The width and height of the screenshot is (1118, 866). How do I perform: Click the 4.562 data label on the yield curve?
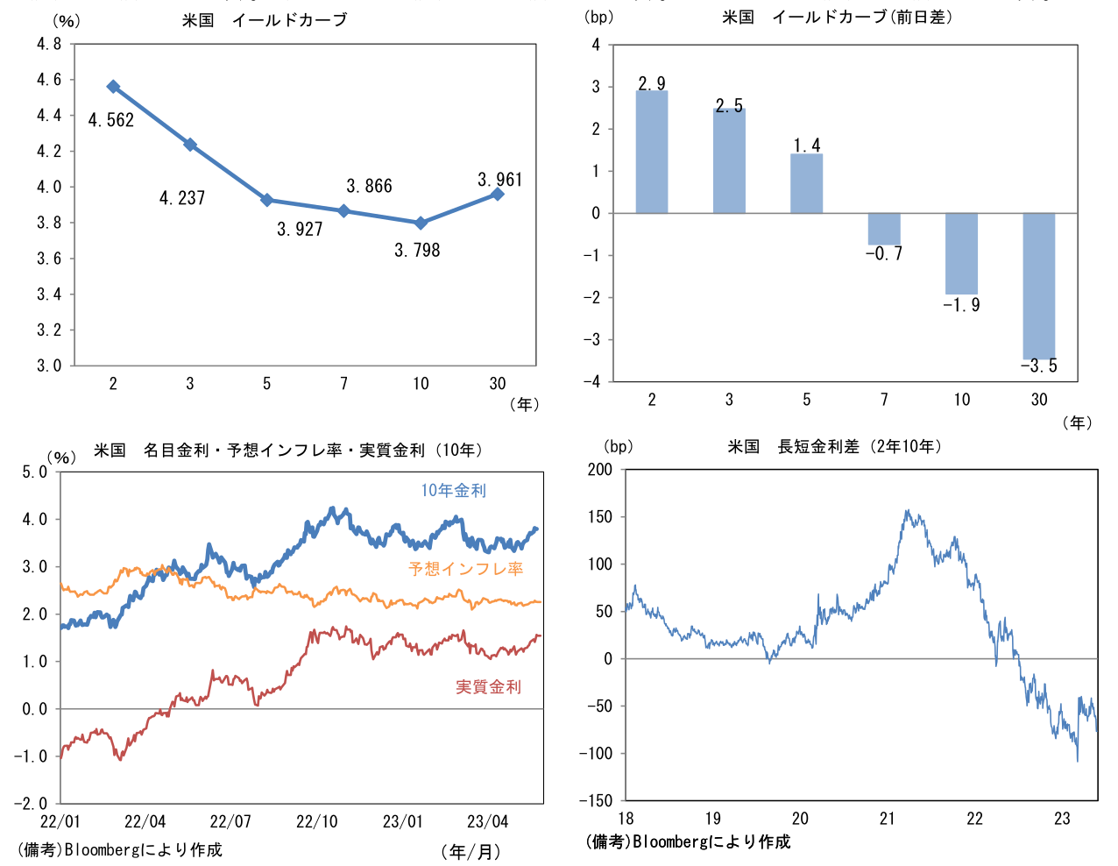pyautogui.click(x=111, y=121)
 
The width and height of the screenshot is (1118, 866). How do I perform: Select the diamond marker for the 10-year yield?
pyautogui.click(x=421, y=223)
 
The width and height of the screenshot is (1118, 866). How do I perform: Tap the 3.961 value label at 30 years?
pyautogui.click(x=499, y=180)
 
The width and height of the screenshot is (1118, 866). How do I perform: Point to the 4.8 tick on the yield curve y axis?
pyautogui.click(x=49, y=44)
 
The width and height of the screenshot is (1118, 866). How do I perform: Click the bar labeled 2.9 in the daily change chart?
pyautogui.click(x=651, y=152)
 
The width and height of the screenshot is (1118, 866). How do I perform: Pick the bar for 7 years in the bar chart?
pyautogui.click(x=884, y=229)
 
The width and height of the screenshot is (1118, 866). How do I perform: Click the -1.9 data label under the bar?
pyautogui.click(x=961, y=305)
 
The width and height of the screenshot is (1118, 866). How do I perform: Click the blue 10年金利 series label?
pyautogui.click(x=453, y=491)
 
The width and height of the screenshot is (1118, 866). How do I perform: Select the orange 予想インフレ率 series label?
pyautogui.click(x=465, y=569)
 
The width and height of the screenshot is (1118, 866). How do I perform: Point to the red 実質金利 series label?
pyautogui.click(x=488, y=687)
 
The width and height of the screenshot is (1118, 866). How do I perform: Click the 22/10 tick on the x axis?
pyautogui.click(x=316, y=822)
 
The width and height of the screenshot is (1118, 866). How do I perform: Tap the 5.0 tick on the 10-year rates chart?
pyautogui.click(x=35, y=472)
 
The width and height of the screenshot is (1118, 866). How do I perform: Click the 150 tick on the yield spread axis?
pyautogui.click(x=600, y=517)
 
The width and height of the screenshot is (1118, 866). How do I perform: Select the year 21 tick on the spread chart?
pyautogui.click(x=887, y=819)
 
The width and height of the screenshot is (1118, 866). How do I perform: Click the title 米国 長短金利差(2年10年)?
pyautogui.click(x=836, y=447)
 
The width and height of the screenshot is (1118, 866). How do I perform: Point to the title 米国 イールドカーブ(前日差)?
pyautogui.click(x=837, y=18)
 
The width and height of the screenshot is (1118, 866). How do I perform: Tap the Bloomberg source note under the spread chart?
pyautogui.click(x=688, y=842)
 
